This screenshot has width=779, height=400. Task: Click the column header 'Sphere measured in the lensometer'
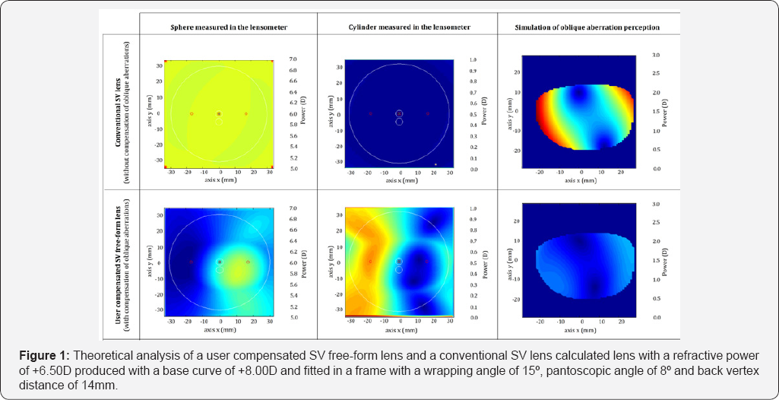pos(219,27)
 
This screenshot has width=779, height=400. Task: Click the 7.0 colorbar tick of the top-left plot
pos(293,59)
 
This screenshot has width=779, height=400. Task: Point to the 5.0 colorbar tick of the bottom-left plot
pos(293,317)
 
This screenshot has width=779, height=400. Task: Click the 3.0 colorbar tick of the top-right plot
pos(656,56)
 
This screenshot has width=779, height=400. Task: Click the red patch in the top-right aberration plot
pos(543,129)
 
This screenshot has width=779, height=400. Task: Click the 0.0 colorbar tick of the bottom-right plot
pos(656,317)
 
